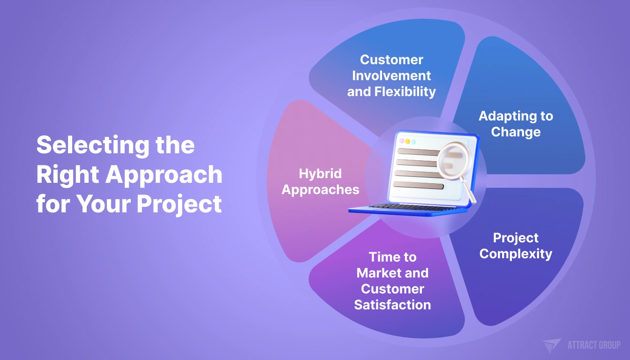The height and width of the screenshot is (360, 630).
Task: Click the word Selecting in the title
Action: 93,146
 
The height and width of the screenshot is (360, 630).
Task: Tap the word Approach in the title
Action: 164,175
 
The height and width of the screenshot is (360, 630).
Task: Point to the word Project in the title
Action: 180,204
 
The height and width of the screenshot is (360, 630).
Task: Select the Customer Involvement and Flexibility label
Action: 391,75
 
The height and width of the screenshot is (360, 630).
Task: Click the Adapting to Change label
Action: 516,124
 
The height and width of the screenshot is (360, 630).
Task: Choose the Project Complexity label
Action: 516,246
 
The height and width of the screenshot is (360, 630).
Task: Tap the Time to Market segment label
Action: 392,281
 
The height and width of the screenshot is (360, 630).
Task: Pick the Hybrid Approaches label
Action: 320,181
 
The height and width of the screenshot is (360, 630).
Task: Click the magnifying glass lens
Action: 453,161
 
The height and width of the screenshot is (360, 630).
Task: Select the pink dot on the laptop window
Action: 402,141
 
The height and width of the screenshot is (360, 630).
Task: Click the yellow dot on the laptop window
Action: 407,141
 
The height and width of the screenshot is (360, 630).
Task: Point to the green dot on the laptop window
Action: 413,142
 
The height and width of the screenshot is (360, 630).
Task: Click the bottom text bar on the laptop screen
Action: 418,186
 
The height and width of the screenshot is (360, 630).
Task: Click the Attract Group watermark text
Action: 594,345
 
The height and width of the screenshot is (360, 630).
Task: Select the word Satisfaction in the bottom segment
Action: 392,305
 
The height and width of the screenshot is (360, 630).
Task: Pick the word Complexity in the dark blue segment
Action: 516,254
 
